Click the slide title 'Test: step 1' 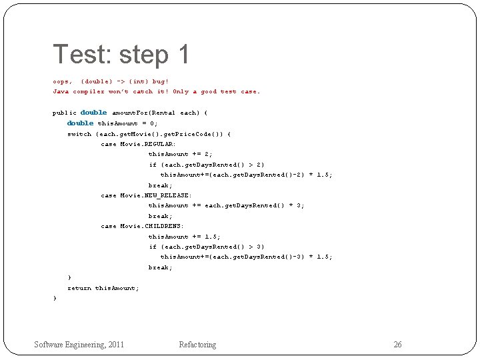[121, 55]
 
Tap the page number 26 [397, 345]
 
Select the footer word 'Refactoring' [197, 345]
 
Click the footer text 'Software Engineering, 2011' [79, 345]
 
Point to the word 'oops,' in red [63, 81]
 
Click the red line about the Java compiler [157, 91]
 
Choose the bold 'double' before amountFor [93, 113]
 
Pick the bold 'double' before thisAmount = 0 [80, 123]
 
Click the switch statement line [149, 134]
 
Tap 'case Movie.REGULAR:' [138, 144]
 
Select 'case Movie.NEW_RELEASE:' [146, 195]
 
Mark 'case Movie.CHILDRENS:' [142, 226]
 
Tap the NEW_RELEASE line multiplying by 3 [226, 205]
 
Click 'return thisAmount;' [103, 288]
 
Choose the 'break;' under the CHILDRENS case [160, 267]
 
